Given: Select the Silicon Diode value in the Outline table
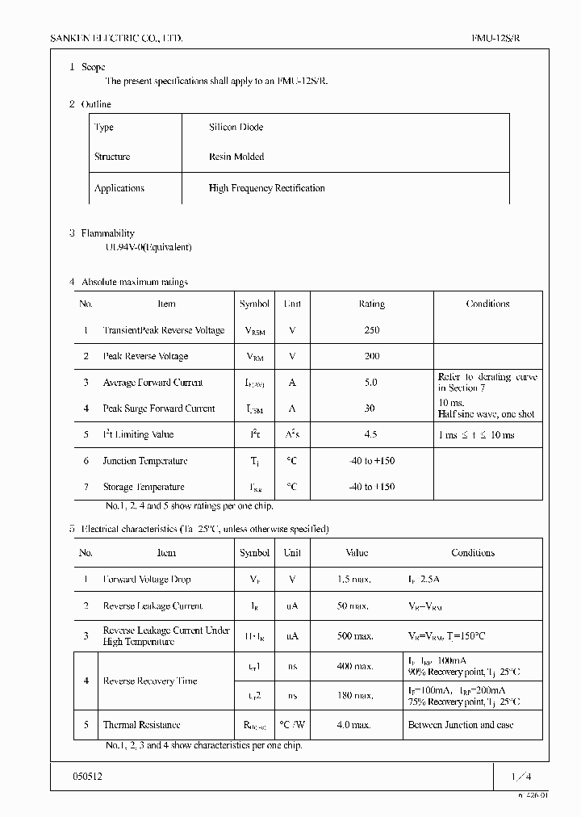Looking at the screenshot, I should (236, 128).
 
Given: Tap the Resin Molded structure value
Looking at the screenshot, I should (236, 157).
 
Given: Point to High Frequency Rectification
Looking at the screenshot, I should (266, 188).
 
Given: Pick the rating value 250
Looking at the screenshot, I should (371, 330).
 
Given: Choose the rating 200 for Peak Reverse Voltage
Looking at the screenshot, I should (371, 356).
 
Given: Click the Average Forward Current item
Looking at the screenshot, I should (153, 383).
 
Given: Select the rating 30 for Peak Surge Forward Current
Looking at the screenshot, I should (370, 408).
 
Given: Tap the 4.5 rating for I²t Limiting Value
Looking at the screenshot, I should (371, 434).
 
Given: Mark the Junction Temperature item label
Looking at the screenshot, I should (144, 461).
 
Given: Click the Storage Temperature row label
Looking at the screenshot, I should (143, 487).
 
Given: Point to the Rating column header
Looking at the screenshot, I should (371, 304).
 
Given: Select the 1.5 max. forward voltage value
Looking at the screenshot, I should (353, 580).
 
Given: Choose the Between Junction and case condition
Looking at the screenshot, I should (461, 725).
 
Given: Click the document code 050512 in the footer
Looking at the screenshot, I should (88, 776).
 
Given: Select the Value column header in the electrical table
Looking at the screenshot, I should (357, 553).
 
